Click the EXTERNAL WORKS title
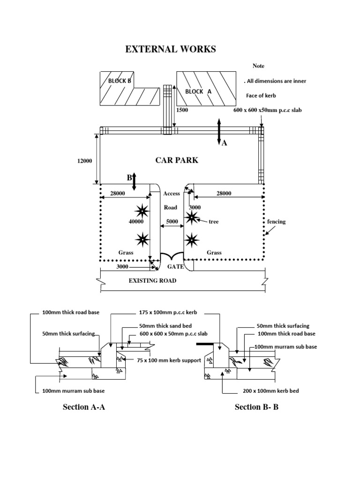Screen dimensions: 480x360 click(x=171, y=50)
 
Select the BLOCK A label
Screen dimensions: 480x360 click(x=198, y=91)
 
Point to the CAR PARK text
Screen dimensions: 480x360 click(x=177, y=160)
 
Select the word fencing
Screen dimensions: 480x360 click(x=276, y=222)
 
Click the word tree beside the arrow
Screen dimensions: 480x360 click(x=214, y=221)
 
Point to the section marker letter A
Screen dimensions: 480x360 click(x=224, y=143)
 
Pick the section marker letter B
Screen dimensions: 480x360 click(x=127, y=178)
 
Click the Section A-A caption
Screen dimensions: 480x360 click(x=84, y=407)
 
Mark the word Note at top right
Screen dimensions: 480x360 click(x=259, y=66)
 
